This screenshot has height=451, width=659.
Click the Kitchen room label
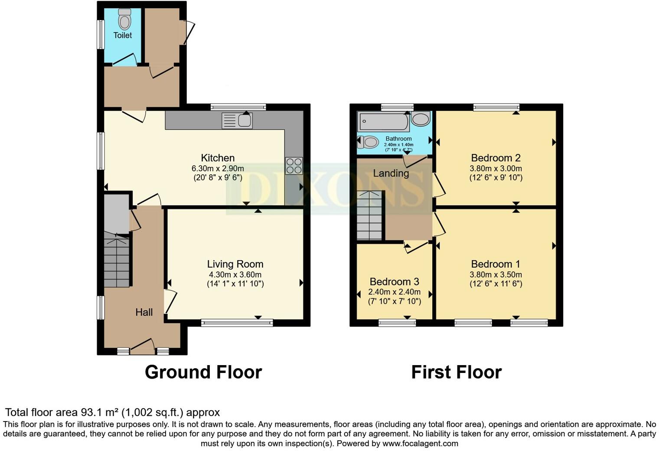218,158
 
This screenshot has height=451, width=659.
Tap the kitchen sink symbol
237,121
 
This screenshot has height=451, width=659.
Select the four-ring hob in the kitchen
294,165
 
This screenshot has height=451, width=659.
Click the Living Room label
235,264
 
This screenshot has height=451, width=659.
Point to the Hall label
144,312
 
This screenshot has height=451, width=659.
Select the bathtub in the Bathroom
383,122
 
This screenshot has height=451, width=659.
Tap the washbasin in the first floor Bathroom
421,119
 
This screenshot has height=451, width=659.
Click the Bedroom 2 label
496,158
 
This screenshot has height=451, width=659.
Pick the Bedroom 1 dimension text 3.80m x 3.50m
496,275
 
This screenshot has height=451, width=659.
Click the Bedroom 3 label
394,281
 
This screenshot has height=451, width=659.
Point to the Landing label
391,173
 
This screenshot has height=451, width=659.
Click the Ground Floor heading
203,372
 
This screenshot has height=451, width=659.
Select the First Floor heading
456,372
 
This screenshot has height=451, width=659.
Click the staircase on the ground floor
117,262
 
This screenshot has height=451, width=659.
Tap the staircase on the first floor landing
370,216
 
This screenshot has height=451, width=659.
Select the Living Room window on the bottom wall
237,322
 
